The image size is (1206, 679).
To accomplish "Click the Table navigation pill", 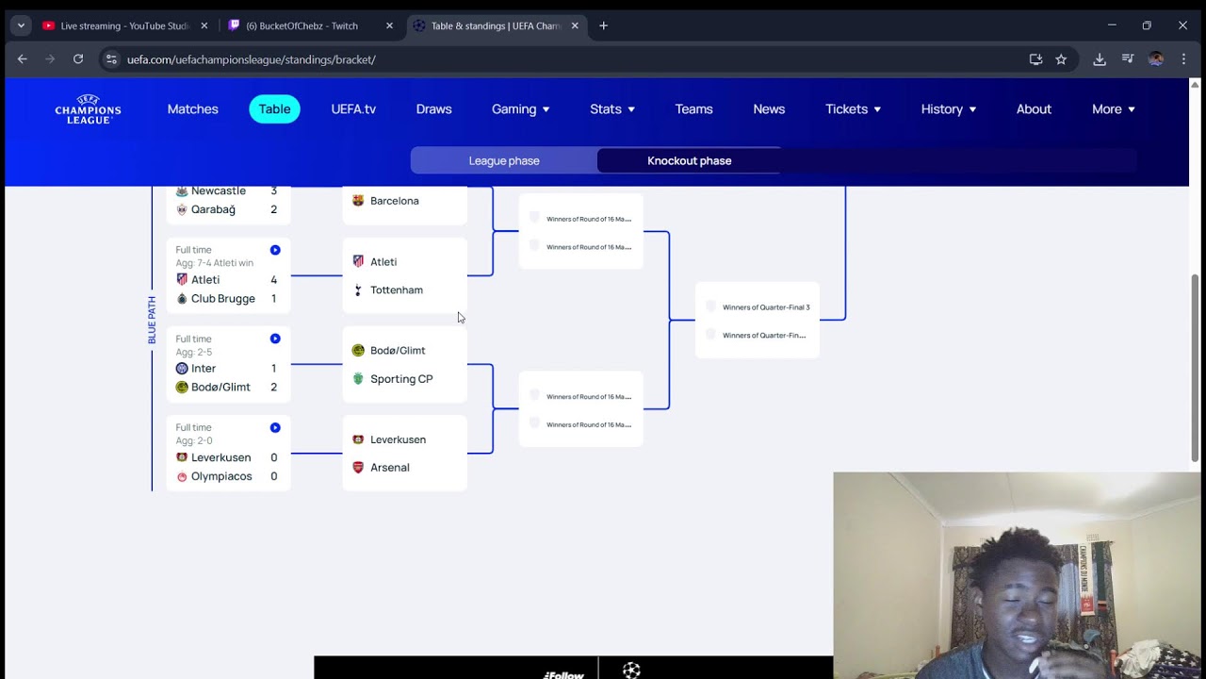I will click(x=274, y=109).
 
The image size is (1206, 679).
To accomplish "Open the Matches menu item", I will click(x=192, y=109).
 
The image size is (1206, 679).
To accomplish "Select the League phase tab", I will click(x=504, y=160).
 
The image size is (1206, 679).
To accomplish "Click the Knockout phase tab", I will click(x=689, y=160).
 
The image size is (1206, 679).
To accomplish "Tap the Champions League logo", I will click(x=88, y=109).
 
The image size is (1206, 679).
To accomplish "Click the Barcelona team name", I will click(x=394, y=201).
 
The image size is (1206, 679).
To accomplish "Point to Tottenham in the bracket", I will click(x=396, y=290).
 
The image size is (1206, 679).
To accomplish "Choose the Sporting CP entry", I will click(x=401, y=379).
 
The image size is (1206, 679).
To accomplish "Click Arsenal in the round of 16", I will click(x=389, y=468).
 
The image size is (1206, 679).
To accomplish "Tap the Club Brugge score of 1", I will click(x=274, y=299).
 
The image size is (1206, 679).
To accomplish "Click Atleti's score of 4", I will click(x=274, y=280).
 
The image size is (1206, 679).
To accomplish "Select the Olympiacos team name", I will click(x=221, y=476).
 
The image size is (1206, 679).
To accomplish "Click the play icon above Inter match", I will click(x=275, y=339).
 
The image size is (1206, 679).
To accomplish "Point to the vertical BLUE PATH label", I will click(x=152, y=320).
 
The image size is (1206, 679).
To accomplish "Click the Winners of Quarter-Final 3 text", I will click(x=765, y=307).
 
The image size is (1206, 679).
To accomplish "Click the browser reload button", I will click(x=78, y=59).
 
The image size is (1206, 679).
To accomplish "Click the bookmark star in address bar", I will click(x=1061, y=59).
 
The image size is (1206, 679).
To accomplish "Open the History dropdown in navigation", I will click(x=948, y=109).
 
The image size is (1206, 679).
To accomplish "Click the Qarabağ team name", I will click(x=213, y=209).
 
